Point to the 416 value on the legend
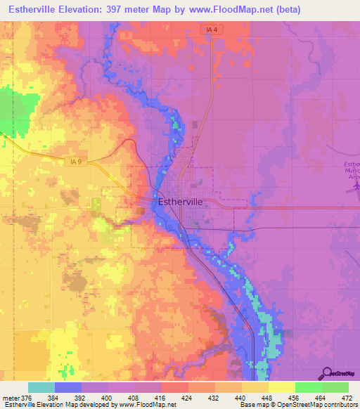161,397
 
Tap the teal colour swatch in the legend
41,387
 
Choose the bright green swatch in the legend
308,387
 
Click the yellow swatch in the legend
281,387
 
